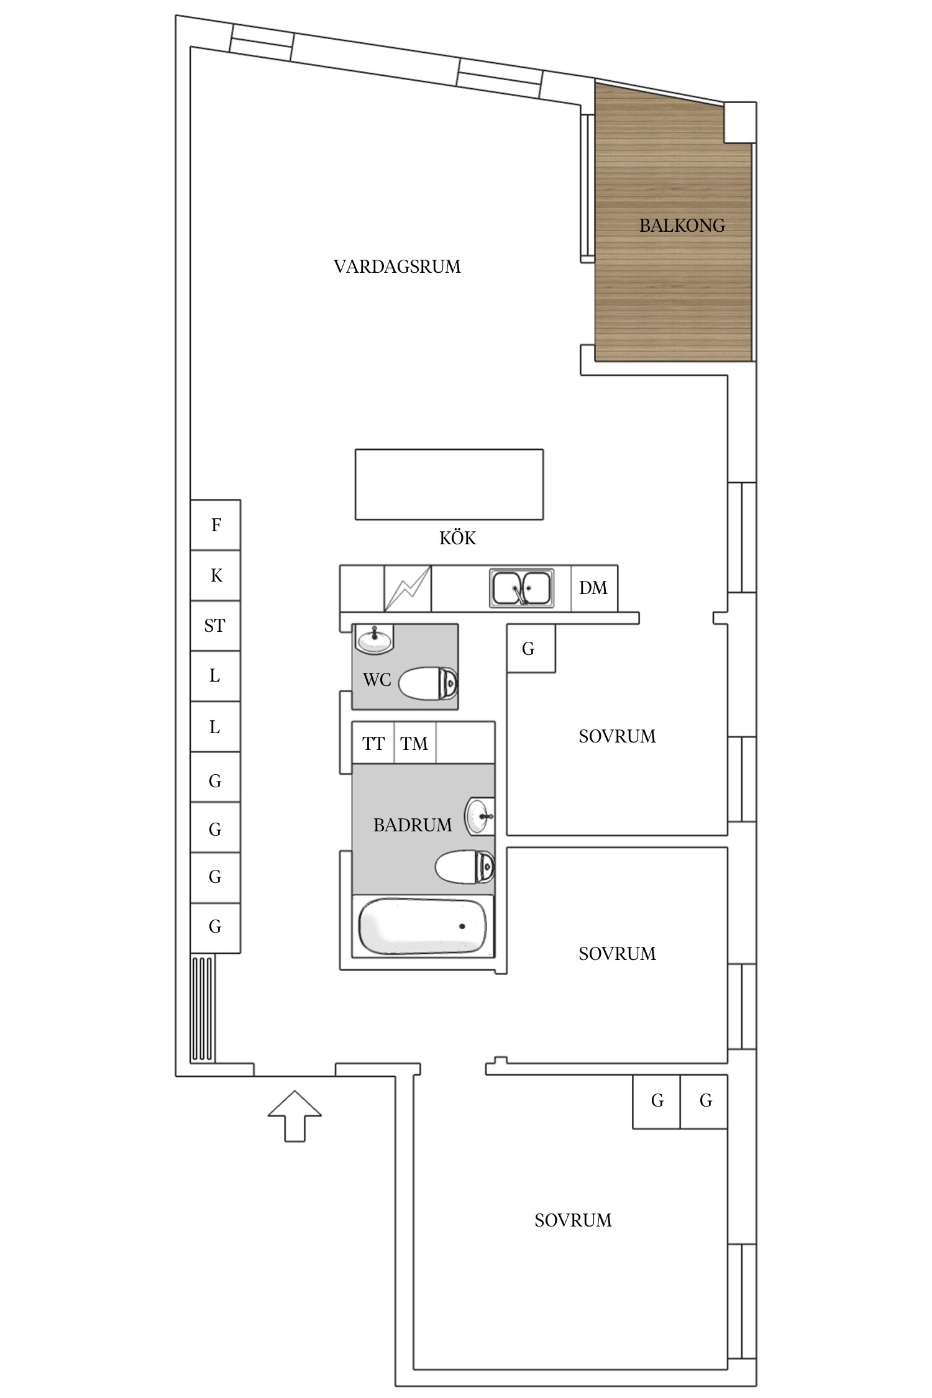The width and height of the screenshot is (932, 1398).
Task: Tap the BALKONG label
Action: point(682,226)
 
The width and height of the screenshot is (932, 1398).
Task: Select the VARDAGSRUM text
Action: point(397,267)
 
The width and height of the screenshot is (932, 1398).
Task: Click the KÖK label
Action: point(457,538)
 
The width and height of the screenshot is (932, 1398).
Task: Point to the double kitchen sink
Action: point(521,588)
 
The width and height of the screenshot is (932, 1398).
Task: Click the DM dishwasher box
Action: point(594,588)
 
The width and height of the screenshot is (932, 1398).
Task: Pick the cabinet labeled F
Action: point(215,525)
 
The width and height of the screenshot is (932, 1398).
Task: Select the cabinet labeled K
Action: point(215,575)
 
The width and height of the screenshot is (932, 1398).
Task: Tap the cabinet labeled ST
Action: point(215,626)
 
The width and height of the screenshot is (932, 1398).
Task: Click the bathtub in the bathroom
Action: point(423,926)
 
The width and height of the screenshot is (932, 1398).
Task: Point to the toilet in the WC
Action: point(428,683)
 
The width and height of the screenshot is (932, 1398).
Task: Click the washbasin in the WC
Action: point(375,639)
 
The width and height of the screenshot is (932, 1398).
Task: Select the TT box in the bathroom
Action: point(373,743)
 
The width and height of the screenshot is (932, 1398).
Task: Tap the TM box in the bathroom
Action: point(414,743)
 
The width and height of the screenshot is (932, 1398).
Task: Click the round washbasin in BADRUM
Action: point(479,816)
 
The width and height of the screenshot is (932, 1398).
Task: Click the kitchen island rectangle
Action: point(449,485)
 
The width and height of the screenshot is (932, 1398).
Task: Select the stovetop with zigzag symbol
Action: point(407,588)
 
